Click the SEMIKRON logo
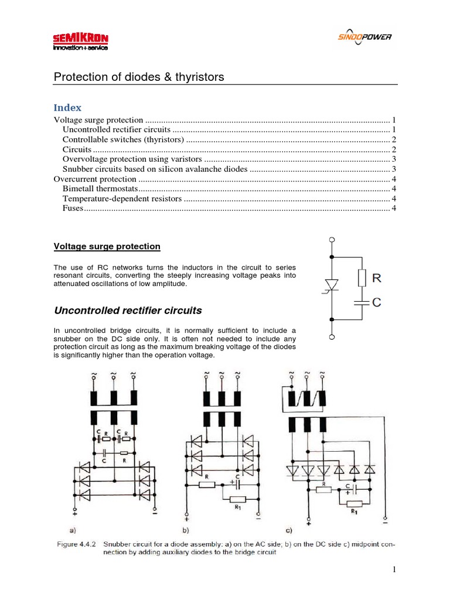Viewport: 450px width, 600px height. coord(80,42)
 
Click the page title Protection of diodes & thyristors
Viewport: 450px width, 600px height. coord(139,77)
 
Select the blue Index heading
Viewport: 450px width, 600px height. coord(67,108)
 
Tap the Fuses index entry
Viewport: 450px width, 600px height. coord(73,209)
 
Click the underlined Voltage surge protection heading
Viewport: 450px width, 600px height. coord(107,247)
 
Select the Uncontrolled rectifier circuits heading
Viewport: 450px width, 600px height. coord(128,310)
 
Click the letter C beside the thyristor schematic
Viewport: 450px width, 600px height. coord(377,302)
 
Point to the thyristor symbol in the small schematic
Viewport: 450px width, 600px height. coord(332,286)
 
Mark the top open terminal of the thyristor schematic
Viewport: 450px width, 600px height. coord(332,240)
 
